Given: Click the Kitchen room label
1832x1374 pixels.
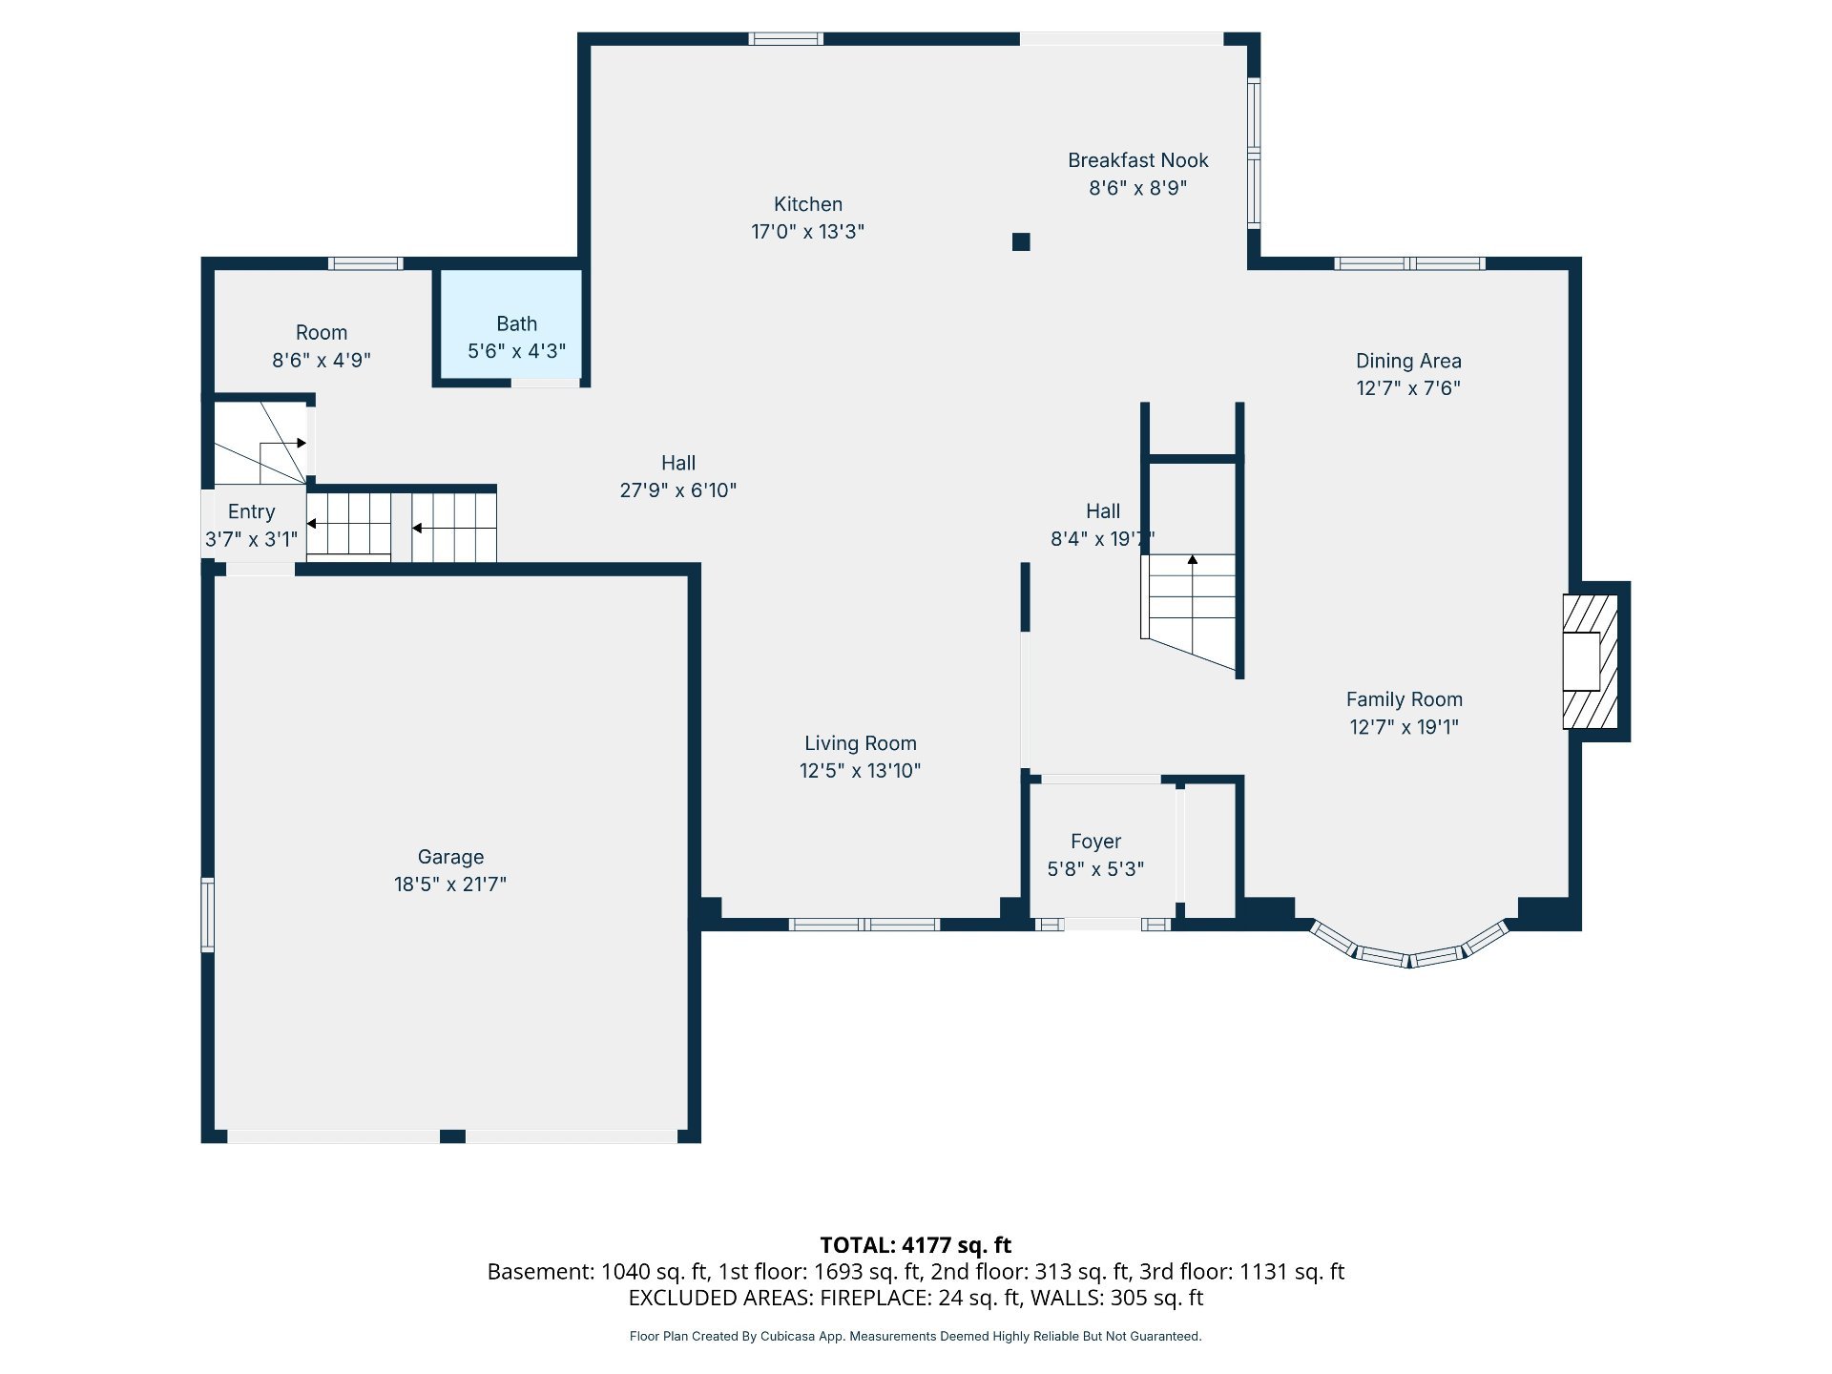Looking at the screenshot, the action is pos(807,204).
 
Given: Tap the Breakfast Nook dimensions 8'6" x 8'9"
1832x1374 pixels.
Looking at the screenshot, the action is pos(1137,188).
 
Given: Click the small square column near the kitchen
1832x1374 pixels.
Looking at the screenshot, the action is pos(1021,241).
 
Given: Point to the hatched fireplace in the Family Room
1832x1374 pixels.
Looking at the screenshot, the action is pos(1590,661).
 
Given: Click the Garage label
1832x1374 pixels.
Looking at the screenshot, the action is pos(450,857).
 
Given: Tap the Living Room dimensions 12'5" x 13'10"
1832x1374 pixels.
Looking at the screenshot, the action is pos(860,770).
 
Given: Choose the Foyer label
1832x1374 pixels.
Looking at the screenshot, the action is pos(1095,842).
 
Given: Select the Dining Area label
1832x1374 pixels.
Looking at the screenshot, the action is pos(1408,361).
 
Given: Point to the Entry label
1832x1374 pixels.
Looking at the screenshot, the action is pos(251,511).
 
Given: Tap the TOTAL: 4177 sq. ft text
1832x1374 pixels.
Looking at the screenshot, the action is pos(915,1244).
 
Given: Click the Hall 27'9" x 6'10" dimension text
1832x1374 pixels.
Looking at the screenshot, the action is pos(678,489).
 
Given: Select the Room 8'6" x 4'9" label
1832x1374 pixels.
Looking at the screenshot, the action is pos(322,346).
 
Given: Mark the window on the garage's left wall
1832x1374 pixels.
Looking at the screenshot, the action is pos(207,915).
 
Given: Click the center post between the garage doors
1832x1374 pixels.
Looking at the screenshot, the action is pos(452,1136).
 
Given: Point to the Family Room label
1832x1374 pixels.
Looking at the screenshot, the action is pos(1404,699).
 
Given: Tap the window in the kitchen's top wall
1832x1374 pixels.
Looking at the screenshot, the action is pos(785,39).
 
